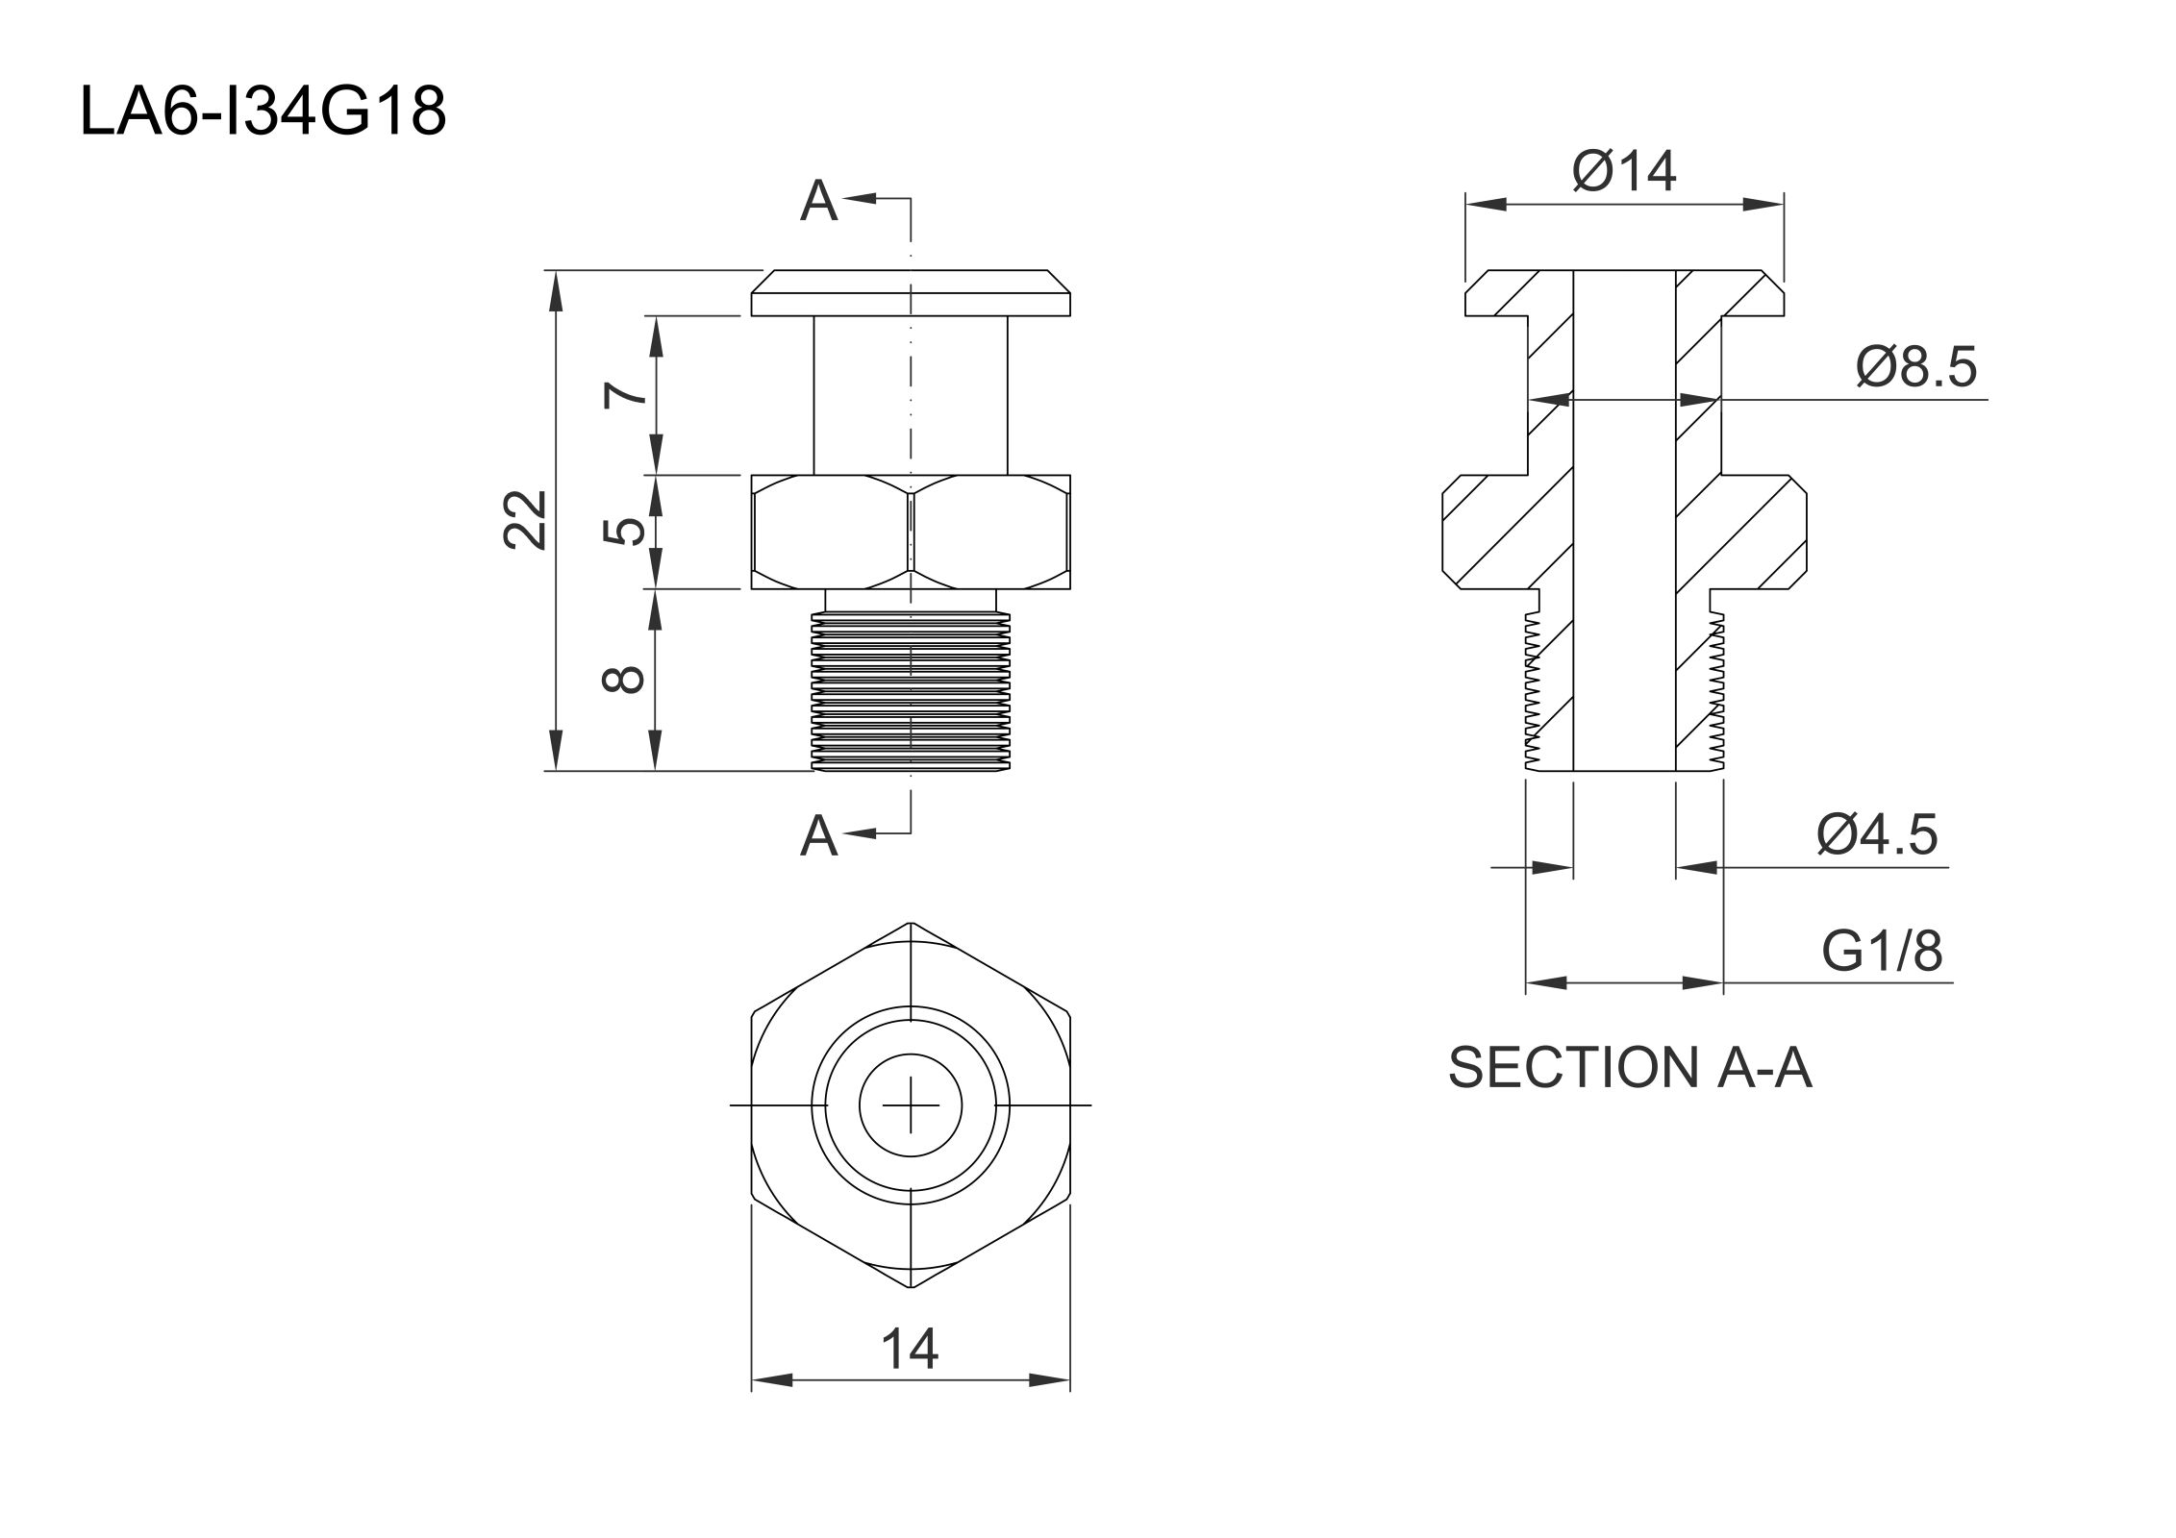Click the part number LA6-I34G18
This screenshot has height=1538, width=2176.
pyautogui.click(x=263, y=112)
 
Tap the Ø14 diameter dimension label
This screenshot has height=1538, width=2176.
pyautogui.click(x=1624, y=172)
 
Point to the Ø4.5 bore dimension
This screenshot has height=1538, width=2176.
pyautogui.click(x=1876, y=834)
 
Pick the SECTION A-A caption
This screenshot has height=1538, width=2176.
pyautogui.click(x=1630, y=1068)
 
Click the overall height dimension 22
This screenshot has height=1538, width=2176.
pyautogui.click(x=526, y=520)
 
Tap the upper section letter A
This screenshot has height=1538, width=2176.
pyautogui.click(x=818, y=202)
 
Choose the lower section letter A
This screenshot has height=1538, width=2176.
pyautogui.click(x=818, y=835)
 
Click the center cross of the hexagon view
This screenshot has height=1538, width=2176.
pyautogui.click(x=911, y=1105)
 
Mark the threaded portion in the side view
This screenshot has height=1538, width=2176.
pyautogui.click(x=911, y=692)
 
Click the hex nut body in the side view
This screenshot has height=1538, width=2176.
pyautogui.click(x=911, y=532)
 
